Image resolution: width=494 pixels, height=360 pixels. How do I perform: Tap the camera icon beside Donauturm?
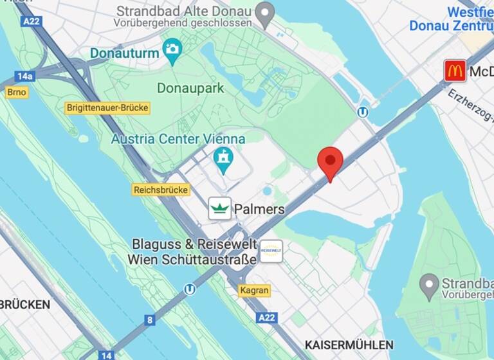(x=172, y=49)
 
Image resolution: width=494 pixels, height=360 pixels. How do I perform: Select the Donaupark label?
(x=190, y=87)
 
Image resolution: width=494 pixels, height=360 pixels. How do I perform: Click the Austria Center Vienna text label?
(x=178, y=139)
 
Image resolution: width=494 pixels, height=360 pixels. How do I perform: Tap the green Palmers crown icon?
(x=220, y=208)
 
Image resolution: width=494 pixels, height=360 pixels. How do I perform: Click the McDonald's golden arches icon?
(x=455, y=71)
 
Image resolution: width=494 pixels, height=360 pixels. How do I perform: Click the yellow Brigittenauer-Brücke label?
(x=108, y=108)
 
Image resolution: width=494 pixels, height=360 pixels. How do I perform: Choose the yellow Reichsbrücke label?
(x=161, y=190)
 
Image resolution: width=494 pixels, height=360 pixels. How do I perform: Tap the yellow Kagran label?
(x=254, y=291)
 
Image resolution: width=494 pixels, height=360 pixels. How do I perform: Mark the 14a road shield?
(x=24, y=76)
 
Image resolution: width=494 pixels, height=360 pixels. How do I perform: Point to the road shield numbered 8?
(x=150, y=319)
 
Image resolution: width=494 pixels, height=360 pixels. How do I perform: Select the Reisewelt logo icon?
(x=271, y=251)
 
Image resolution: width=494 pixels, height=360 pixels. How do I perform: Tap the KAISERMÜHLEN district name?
(x=349, y=345)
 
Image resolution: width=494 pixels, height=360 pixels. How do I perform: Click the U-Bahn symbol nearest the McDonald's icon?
(x=363, y=112)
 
